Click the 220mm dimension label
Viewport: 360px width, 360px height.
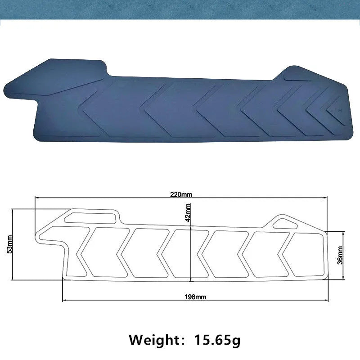[181, 194]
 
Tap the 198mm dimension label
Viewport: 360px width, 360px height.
[195, 297]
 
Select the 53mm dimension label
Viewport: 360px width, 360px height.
[9, 244]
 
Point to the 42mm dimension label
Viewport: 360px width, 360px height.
[188, 212]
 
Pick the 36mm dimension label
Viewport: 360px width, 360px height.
[340, 255]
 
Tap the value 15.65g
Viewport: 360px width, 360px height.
[217, 340]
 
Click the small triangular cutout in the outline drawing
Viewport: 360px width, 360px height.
[285, 224]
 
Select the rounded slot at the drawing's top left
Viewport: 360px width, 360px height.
[90, 218]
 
